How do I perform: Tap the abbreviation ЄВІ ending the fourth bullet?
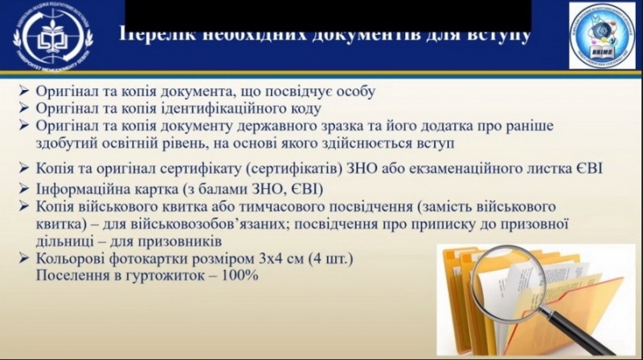point(588,169)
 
